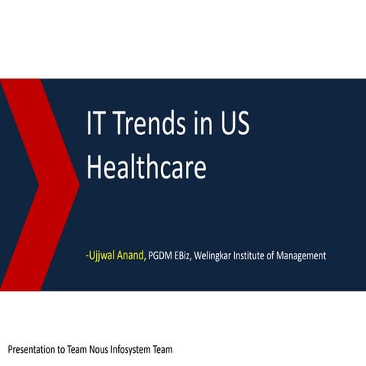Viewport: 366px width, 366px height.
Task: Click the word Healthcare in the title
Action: [x=146, y=167]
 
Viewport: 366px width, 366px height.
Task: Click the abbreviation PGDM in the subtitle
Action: [x=161, y=255]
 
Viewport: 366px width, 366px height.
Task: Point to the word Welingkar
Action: [x=217, y=255]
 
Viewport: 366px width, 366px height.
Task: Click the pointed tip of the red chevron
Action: [x=79, y=184]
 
